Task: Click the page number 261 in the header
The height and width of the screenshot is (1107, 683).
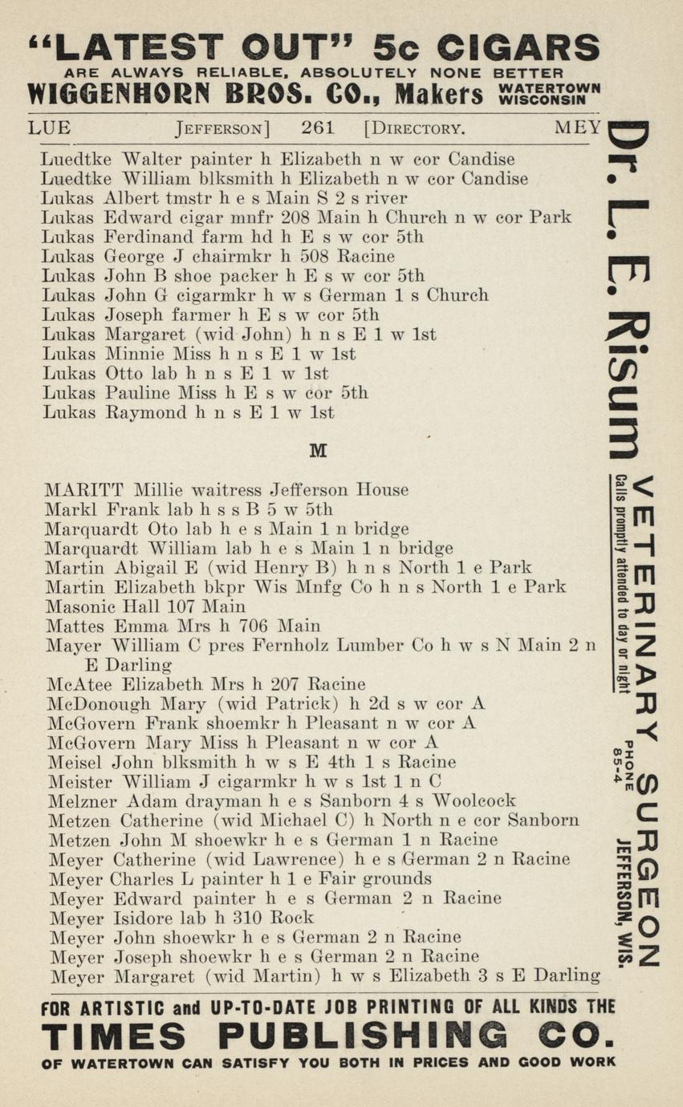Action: tap(318, 127)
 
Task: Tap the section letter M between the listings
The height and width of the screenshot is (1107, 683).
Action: tap(318, 452)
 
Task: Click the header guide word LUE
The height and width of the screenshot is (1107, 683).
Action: tap(49, 127)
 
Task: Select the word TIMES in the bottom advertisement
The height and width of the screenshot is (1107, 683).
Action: tap(113, 1036)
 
